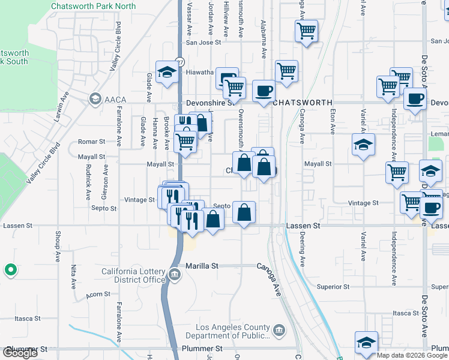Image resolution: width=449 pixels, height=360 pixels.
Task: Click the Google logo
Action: point(20,353)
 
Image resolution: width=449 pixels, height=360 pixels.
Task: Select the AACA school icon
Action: point(95,98)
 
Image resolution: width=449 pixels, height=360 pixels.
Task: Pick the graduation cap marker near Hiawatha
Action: point(166,73)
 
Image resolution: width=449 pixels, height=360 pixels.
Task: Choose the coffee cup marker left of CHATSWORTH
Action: point(263,91)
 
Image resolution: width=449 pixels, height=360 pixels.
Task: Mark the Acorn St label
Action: point(98,294)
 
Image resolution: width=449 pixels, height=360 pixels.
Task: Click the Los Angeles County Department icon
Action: point(279,330)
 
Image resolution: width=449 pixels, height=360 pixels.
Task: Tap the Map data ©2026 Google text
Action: point(411,355)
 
